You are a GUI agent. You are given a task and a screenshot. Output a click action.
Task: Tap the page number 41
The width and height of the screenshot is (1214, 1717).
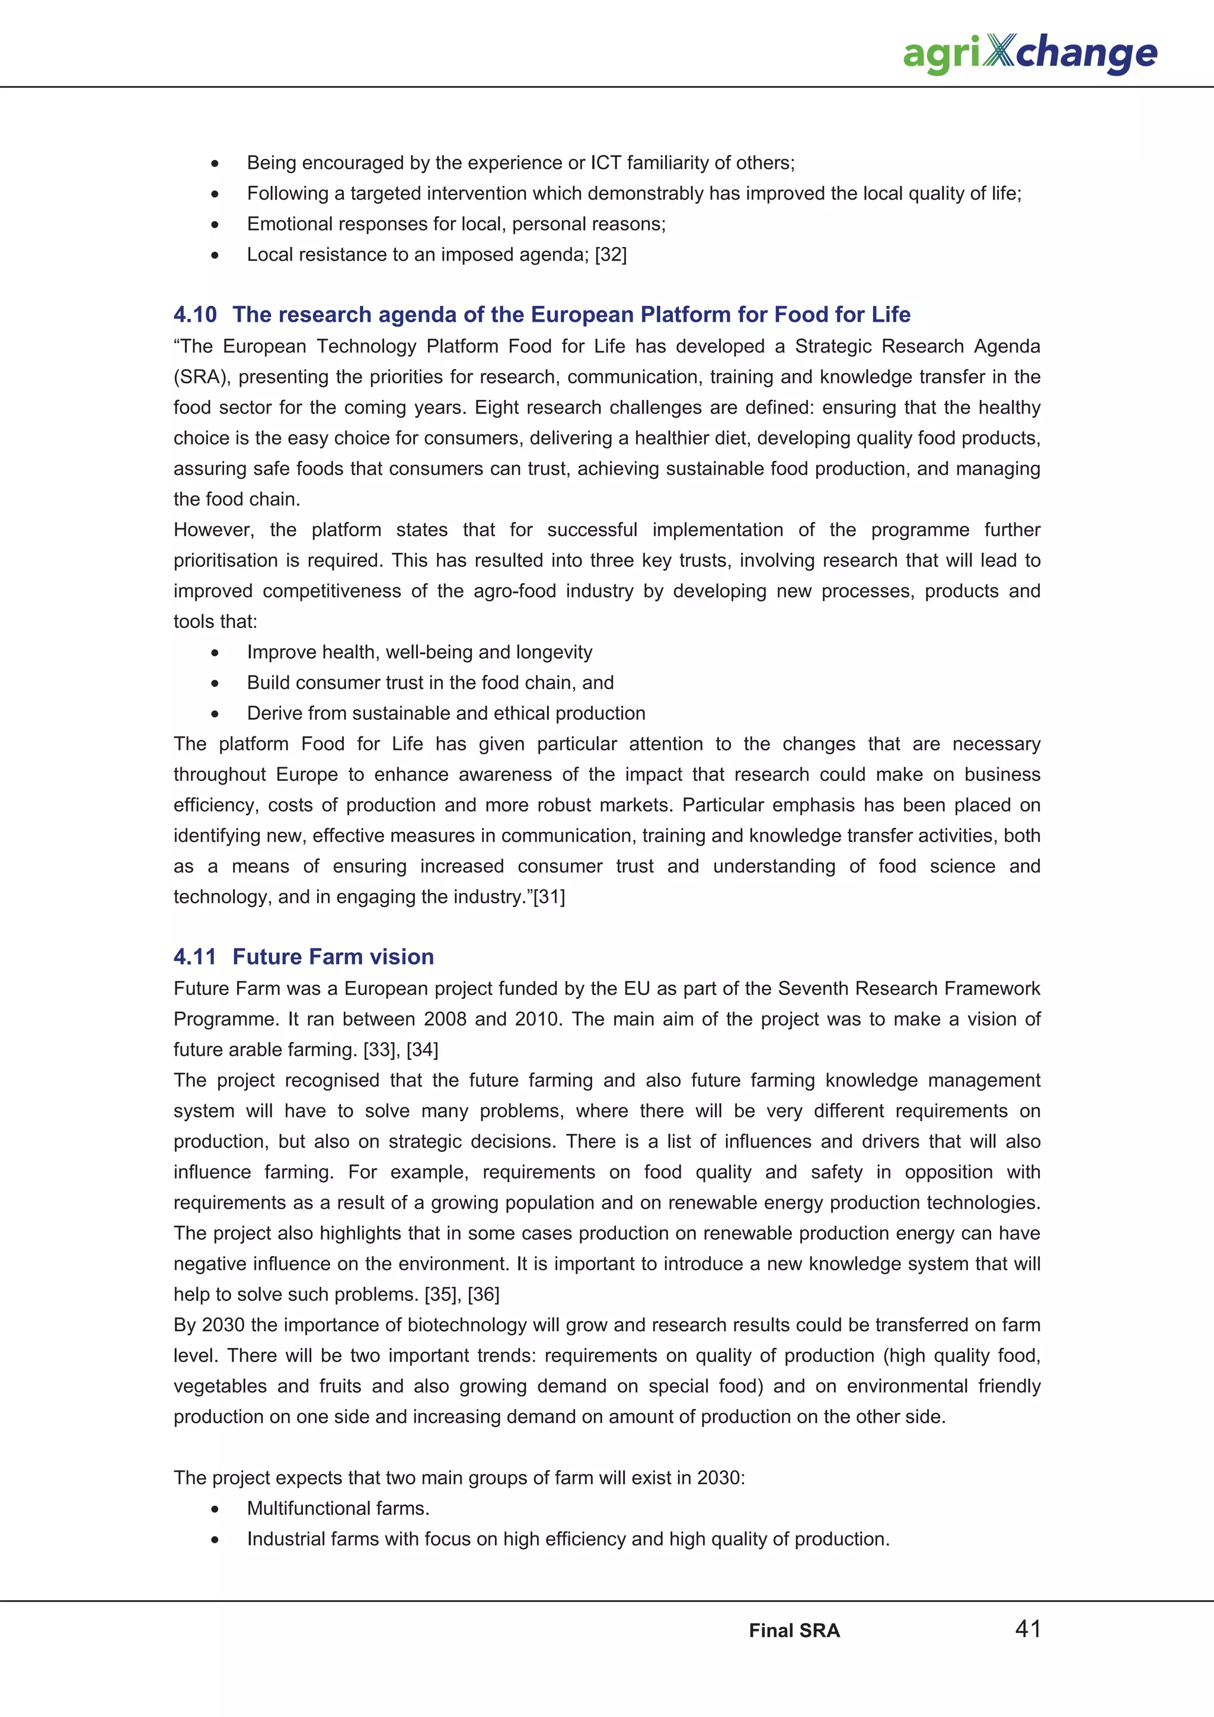[1028, 1628]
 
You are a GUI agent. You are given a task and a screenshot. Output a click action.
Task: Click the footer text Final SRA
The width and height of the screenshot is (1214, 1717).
[794, 1630]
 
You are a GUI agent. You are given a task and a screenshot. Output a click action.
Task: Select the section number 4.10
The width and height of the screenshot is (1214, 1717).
[194, 314]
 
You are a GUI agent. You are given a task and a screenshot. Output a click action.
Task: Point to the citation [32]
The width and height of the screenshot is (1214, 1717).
[611, 254]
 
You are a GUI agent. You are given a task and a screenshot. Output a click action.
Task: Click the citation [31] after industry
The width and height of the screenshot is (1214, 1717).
[549, 896]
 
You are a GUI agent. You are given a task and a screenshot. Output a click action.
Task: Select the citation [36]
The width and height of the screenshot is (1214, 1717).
[483, 1294]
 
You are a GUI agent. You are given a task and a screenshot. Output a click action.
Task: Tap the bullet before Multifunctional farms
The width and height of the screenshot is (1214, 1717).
[215, 1508]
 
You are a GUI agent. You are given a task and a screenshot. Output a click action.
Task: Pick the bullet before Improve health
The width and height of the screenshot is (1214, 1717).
[215, 652]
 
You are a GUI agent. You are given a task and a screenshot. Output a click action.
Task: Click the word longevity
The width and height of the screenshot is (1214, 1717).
[554, 652]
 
